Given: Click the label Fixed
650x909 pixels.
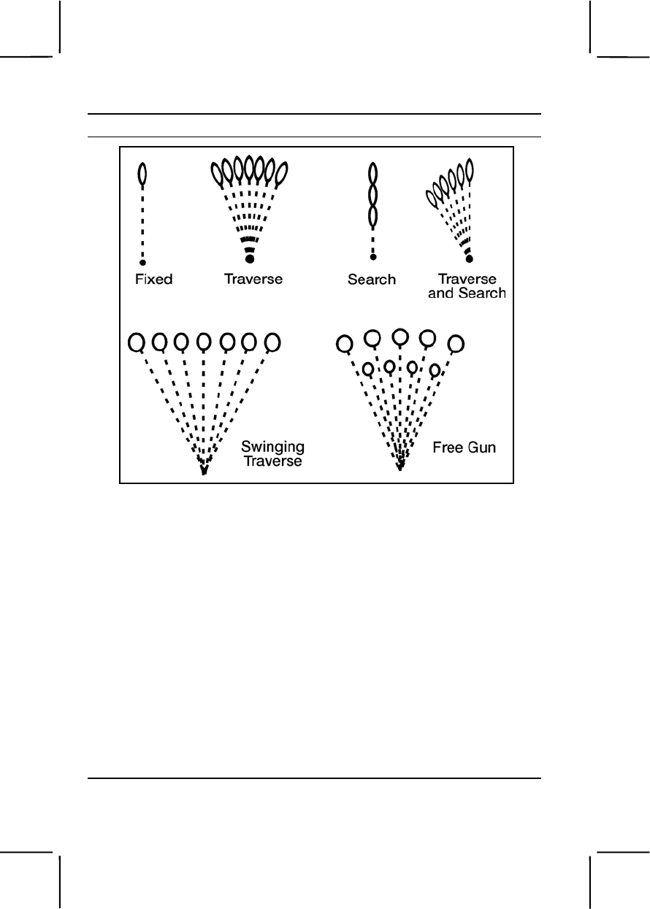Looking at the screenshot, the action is [x=154, y=279].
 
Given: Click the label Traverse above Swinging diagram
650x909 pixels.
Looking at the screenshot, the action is [x=253, y=279].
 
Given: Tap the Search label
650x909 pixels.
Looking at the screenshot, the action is [x=372, y=279].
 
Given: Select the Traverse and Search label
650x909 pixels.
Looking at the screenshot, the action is [x=467, y=286].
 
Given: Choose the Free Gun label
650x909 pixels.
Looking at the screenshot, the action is [x=464, y=448].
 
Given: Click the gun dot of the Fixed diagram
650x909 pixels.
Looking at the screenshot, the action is [x=143, y=261].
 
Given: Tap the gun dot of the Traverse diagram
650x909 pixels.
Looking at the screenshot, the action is [x=250, y=259].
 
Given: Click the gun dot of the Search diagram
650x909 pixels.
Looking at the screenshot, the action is [x=372, y=257].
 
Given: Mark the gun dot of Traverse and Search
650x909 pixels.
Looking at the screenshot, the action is [x=469, y=258].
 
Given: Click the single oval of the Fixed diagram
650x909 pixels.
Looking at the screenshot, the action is [x=143, y=174].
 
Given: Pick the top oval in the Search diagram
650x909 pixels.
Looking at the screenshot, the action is [x=372, y=174].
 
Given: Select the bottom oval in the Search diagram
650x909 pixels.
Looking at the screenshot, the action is [x=372, y=216].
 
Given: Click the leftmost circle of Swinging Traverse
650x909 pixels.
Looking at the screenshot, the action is [x=136, y=341].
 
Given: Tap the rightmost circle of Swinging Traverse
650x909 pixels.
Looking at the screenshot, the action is [x=272, y=341].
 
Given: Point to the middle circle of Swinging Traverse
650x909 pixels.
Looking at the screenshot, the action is [x=204, y=341].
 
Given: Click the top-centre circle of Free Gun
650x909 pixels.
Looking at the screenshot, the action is [x=399, y=337].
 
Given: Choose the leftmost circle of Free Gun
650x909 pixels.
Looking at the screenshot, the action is [x=345, y=341].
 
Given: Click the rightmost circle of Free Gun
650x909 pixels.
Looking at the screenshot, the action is [x=456, y=342].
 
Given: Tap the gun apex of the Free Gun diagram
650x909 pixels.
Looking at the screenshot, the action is [x=399, y=466].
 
